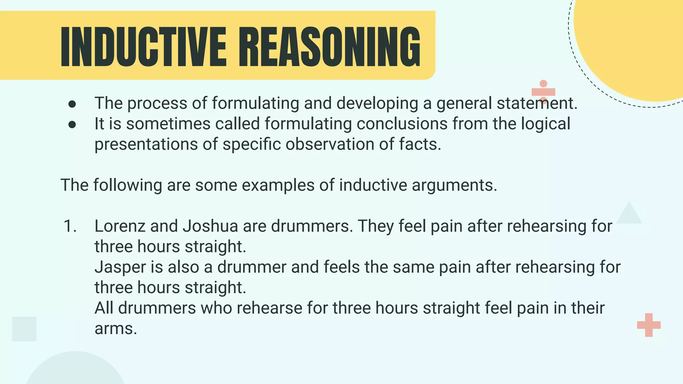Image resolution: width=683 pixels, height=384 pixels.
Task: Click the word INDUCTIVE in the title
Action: coord(143,47)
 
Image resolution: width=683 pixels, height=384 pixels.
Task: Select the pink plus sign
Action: coord(649,325)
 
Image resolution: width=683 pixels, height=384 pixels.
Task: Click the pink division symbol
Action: coord(543,92)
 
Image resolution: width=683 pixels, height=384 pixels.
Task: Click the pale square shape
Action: coord(24,329)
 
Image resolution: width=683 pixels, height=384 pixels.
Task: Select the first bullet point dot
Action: coord(72,104)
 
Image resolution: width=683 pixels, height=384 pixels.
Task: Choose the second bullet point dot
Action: coord(72,125)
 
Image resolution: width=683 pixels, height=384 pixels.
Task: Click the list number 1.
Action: coord(70,226)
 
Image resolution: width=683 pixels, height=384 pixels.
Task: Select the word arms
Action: coord(115,329)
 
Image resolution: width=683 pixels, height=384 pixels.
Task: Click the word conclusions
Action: coord(402,124)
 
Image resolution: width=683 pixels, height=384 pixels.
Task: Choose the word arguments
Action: coord(454,185)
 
